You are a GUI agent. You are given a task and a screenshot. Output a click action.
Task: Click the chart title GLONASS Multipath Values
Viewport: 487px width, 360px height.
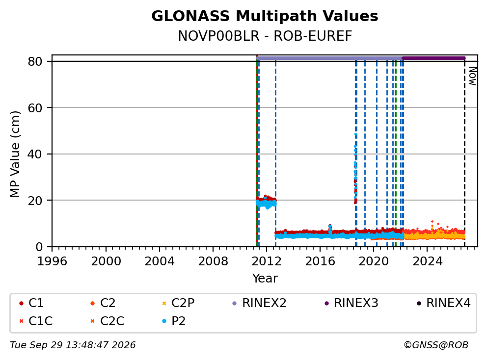[265, 16]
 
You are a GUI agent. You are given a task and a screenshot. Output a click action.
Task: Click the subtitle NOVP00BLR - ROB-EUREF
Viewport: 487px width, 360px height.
[265, 36]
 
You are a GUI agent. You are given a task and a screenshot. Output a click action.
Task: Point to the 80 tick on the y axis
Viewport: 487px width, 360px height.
[35, 61]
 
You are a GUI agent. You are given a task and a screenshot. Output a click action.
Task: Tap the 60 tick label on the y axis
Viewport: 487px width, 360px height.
[35, 108]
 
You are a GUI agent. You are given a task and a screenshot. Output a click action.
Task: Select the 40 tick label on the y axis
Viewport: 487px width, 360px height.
[35, 154]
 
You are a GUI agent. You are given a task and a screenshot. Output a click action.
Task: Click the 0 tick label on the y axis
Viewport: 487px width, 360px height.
[39, 247]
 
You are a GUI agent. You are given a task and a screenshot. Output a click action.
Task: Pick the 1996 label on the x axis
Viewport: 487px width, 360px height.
[52, 261]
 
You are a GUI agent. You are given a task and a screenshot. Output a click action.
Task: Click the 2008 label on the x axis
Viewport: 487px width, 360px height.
[213, 261]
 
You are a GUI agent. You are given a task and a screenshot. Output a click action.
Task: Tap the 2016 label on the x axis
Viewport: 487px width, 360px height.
[320, 261]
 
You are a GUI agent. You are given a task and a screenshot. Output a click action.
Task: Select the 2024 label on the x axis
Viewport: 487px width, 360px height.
[428, 261]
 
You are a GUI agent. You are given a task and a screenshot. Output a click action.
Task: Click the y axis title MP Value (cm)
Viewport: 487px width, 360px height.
[15, 154]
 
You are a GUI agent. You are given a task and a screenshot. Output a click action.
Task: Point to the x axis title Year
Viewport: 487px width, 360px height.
[265, 279]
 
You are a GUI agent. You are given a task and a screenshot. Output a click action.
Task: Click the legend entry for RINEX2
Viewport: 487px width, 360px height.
[260, 303]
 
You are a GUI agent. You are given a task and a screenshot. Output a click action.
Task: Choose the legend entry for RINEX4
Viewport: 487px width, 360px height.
[444, 303]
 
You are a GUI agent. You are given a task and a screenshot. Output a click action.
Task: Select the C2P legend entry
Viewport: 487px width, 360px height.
[178, 303]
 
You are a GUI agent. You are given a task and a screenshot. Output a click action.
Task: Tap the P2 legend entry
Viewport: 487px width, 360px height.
[174, 321]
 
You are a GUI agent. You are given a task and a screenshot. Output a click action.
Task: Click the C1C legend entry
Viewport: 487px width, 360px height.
[36, 321]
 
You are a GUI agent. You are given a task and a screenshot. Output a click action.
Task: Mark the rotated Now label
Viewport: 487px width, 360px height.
[472, 76]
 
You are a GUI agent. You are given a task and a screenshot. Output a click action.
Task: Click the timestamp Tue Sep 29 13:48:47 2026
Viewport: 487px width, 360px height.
[73, 345]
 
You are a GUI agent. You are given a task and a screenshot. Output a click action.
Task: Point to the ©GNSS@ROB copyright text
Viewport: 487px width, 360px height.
[436, 345]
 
